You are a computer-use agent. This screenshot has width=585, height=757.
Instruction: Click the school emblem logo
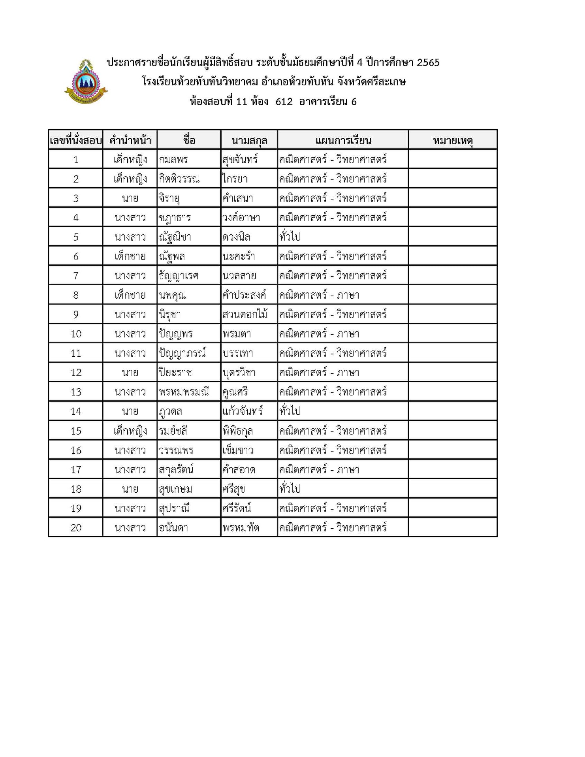pyautogui.click(x=86, y=82)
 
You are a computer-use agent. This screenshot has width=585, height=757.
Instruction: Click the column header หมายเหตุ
pyautogui.click(x=453, y=140)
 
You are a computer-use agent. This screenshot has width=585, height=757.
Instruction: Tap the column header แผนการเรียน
pyautogui.click(x=343, y=140)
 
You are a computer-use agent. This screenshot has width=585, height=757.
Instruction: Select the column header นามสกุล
pyautogui.click(x=249, y=140)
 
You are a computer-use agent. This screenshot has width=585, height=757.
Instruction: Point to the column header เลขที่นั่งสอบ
pyautogui.click(x=75, y=140)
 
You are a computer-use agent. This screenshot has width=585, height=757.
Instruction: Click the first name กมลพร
pyautogui.click(x=173, y=160)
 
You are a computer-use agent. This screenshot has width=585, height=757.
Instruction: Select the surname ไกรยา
pyautogui.click(x=235, y=179)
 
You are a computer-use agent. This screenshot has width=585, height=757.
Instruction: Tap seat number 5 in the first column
pyautogui.click(x=76, y=237)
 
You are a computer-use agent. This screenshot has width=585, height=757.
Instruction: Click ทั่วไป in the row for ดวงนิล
pyautogui.click(x=290, y=237)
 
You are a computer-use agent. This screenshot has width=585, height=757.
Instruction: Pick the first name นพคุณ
pyautogui.click(x=172, y=295)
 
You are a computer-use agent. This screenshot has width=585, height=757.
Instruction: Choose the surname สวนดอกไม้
pyautogui.click(x=245, y=314)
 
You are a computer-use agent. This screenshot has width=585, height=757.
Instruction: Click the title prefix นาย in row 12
pyautogui.click(x=130, y=373)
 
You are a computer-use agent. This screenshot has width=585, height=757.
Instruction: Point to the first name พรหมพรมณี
pyautogui.click(x=184, y=392)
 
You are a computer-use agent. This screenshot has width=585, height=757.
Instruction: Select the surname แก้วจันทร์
pyautogui.click(x=243, y=411)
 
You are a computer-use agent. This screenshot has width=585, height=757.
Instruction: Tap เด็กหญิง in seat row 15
pyautogui.click(x=130, y=431)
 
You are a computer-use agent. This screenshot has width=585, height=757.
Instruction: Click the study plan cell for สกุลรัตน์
pyautogui.click(x=319, y=470)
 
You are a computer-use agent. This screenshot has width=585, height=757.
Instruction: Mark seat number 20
pyautogui.click(x=76, y=528)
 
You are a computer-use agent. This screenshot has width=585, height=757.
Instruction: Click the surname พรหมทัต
pyautogui.click(x=241, y=528)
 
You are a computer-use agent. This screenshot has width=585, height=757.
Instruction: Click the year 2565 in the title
pyautogui.click(x=428, y=62)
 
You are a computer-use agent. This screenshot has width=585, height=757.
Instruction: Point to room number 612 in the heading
pyautogui.click(x=284, y=102)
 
